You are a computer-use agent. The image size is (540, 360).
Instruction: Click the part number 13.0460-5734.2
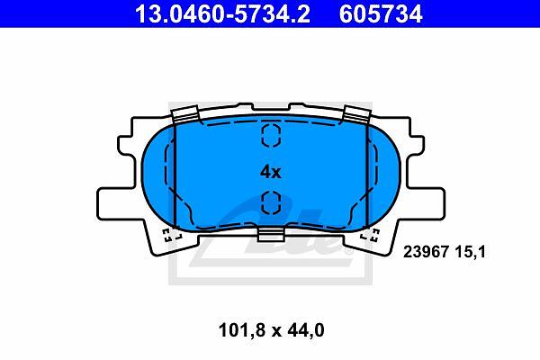(x=222, y=13)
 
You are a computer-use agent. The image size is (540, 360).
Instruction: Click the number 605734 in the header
(x=381, y=13)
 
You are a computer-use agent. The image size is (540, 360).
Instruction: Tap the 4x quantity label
(x=270, y=172)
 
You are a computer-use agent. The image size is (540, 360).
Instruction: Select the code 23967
(x=426, y=252)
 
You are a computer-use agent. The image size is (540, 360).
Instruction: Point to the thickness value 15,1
(x=470, y=252)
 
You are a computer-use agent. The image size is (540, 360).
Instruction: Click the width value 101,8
(x=242, y=330)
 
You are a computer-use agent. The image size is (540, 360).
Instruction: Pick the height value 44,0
(x=304, y=330)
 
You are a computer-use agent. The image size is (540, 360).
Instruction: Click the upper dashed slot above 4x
(x=272, y=135)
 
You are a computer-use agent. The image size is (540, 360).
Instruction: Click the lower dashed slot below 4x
(x=272, y=202)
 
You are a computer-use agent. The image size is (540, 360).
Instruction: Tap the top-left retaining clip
(x=185, y=114)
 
